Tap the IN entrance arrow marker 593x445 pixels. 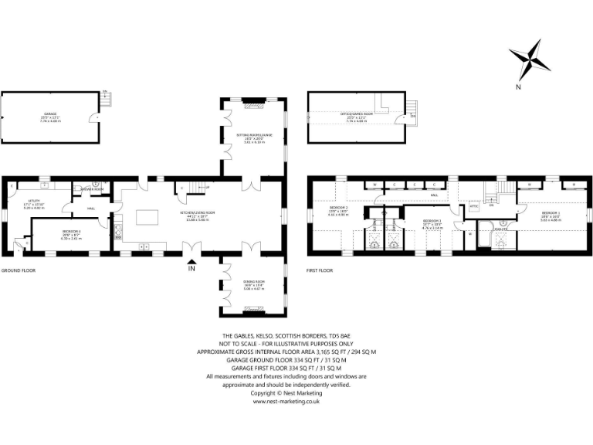[x=191, y=269]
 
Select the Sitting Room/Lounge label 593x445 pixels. [x=254, y=138]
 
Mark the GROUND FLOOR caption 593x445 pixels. [x=18, y=270]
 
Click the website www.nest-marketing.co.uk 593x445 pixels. [x=286, y=402]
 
